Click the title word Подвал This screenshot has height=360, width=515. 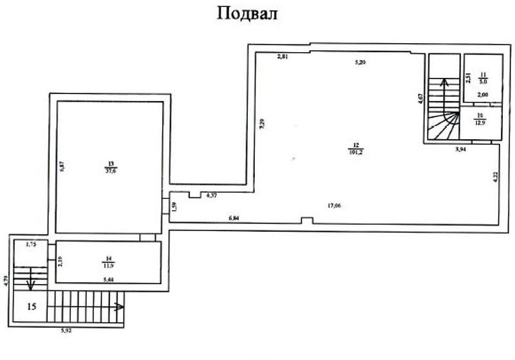(x=247, y=14)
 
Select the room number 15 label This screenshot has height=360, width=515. (x=32, y=307)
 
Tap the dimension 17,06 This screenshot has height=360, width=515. (x=335, y=207)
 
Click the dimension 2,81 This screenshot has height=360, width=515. (x=281, y=57)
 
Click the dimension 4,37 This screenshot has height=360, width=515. (x=212, y=194)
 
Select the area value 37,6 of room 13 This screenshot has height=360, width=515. (x=111, y=171)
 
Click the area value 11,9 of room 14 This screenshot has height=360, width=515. (x=108, y=265)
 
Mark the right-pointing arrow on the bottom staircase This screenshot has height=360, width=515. (x=118, y=307)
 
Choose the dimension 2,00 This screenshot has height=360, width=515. (x=481, y=95)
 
